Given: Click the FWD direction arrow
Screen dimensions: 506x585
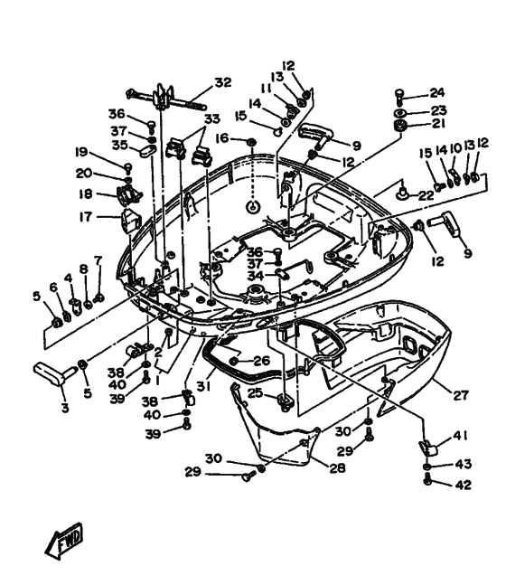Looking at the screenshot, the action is tap(64, 542).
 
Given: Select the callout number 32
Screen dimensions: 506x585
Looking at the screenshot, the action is tap(223, 82).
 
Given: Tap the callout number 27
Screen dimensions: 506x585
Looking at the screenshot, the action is tap(461, 395).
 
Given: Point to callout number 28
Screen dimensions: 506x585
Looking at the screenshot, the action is tap(337, 467).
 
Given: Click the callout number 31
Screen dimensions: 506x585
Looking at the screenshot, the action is tap(204, 386).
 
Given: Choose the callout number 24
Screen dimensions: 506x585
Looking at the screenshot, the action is tap(437, 92).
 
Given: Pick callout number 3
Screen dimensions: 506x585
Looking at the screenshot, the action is tap(65, 408).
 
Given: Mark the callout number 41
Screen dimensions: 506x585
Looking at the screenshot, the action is tap(461, 436).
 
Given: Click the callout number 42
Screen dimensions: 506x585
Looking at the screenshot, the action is tap(464, 485).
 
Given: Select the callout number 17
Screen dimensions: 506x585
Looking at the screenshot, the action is tap(86, 216).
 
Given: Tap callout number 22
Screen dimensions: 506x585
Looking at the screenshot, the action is tap(426, 195).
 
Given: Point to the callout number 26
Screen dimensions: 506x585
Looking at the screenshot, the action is tap(262, 361).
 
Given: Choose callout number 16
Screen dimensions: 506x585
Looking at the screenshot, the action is tap(222, 138).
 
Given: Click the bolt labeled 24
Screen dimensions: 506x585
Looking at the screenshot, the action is tap(399, 96).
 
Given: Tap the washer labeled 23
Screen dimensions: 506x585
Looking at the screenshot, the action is tap(400, 113).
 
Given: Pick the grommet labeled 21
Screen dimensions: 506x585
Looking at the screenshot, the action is tap(400, 126).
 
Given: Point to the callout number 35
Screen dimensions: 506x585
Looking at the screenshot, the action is tap(119, 145).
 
